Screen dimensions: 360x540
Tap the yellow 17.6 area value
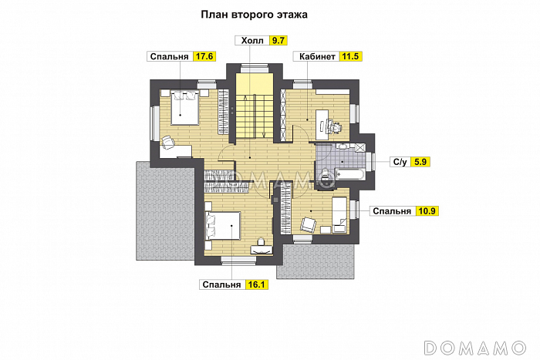pyautogui.click(x=204, y=56)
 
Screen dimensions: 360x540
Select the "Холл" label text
pyautogui.click(x=252, y=40)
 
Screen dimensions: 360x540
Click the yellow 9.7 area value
pyautogui.click(x=278, y=40)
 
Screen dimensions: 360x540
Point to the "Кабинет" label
pyautogui.click(x=313, y=56)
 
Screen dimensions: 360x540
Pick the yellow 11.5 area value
pyautogui.click(x=350, y=56)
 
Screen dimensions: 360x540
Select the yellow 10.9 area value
pyautogui.click(x=427, y=210)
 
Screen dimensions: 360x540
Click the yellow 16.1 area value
pyautogui.click(x=256, y=284)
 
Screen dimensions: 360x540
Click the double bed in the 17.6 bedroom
pyautogui.click(x=184, y=106)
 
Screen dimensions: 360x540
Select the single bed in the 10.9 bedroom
pyautogui.click(x=339, y=214)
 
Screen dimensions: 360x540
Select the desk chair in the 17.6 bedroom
pyautogui.click(x=167, y=142)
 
